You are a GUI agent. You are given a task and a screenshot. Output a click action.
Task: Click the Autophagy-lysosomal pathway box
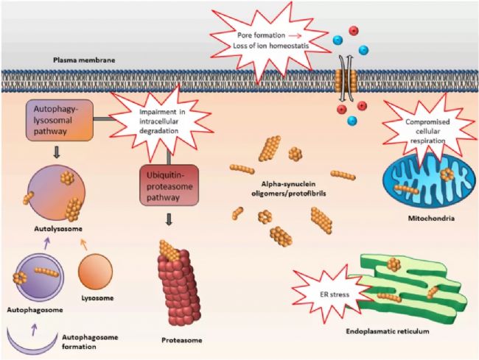coord(59,120)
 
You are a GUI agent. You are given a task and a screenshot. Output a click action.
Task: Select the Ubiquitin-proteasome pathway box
coord(169,186)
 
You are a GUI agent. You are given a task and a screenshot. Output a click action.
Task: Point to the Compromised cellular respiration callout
coord(427,130)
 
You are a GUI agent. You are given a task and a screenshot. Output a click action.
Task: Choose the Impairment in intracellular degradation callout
coord(161,121)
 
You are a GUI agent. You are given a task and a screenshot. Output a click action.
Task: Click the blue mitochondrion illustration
coord(429,182)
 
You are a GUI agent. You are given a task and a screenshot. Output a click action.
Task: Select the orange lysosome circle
coord(95,272)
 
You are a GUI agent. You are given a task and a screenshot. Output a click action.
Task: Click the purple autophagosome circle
coord(40,276)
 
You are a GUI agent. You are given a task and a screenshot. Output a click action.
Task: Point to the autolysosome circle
coord(57,193)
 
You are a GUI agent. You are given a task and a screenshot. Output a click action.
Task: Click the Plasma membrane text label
coord(84,60)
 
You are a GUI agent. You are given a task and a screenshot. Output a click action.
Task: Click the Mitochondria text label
coord(431,218)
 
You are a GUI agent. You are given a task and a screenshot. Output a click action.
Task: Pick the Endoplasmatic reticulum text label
coord(388,331)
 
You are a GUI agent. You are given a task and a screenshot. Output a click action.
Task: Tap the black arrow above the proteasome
coord(169,219)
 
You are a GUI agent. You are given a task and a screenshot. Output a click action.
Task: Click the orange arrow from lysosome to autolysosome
coord(84,244)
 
